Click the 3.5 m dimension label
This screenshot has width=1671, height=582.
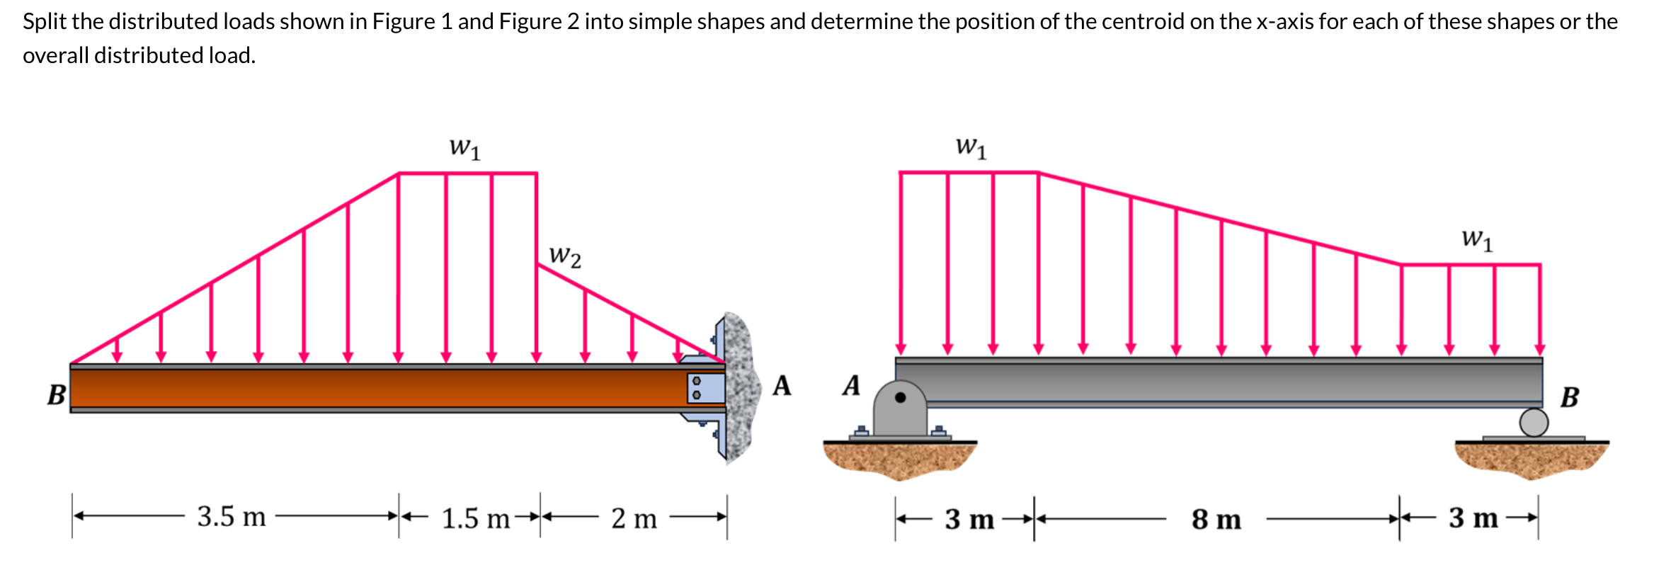pos(232,517)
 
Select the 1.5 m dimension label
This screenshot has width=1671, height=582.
pos(475,519)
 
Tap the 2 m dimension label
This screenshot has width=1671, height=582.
pos(634,519)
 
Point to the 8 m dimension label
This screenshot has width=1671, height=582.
pos(1216,520)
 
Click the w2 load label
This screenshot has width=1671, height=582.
pos(565,256)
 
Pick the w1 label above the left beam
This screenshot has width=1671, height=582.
pos(464,148)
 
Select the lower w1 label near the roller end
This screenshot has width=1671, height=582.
pos(1477,239)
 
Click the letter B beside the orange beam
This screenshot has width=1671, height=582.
pos(56,394)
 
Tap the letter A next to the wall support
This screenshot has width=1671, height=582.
pos(782,386)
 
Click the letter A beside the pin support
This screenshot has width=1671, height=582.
pos(851,386)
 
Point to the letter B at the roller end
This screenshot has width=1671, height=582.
pos(1570,397)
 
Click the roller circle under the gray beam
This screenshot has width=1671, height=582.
pos(1534,423)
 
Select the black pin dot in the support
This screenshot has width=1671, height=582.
pos(901,397)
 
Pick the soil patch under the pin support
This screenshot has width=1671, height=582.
pos(899,459)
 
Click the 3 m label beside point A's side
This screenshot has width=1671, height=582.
pos(969,520)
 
